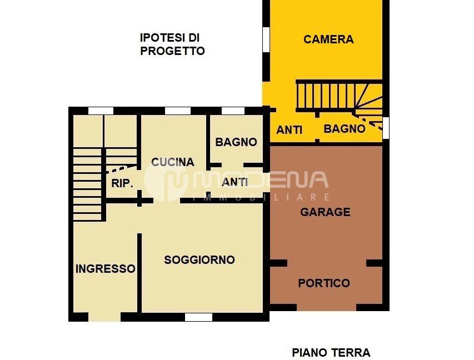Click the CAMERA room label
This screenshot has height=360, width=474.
[328, 39]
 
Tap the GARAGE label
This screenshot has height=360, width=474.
[325, 212]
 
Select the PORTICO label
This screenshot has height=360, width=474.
[324, 283]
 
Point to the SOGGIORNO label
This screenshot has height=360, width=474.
[199, 260]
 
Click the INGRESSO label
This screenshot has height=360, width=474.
[105, 269]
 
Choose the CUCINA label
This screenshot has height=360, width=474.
[173, 162]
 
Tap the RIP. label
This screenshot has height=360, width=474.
[122, 183]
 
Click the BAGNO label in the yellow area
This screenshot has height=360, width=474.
[345, 129]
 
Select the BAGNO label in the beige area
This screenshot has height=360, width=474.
[236, 142]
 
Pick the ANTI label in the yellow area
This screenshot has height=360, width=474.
[290, 130]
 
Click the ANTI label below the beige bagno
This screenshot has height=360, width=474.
[235, 182]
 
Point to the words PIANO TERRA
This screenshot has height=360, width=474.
[331, 352]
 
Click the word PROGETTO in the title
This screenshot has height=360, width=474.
[172, 51]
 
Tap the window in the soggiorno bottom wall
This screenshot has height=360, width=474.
[198, 317]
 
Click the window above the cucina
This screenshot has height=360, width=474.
[178, 111]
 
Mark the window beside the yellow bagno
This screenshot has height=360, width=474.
[386, 127]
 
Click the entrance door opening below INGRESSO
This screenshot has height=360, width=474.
[104, 317]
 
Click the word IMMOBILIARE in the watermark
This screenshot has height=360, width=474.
[261, 197]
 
